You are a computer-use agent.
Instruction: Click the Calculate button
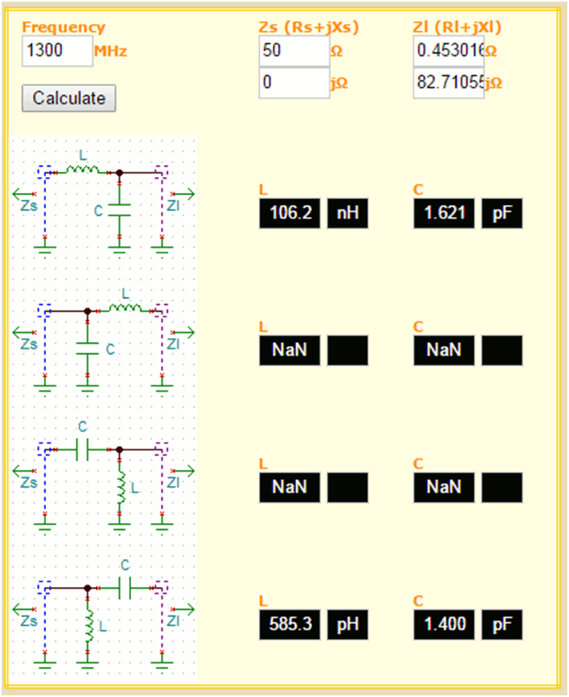[69, 98]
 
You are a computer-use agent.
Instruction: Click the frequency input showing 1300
[56, 51]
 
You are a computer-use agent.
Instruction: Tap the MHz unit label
[111, 52]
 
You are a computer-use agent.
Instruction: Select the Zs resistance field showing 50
[293, 51]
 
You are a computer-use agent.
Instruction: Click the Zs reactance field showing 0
[293, 83]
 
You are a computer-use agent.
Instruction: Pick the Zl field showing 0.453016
[448, 51]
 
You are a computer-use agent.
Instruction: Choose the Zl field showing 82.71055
[448, 83]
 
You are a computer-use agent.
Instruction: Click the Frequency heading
[64, 28]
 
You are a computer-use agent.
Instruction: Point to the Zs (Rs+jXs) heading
[308, 28]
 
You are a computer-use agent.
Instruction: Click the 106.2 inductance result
[289, 213]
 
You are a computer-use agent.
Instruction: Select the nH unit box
[348, 213]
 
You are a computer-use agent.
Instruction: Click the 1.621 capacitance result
[444, 213]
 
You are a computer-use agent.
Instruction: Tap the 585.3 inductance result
[289, 626]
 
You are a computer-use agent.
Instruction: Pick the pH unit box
[348, 626]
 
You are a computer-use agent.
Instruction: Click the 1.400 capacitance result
[444, 626]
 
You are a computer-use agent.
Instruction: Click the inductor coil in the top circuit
[83, 170]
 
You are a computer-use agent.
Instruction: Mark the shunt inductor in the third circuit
[120, 488]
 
